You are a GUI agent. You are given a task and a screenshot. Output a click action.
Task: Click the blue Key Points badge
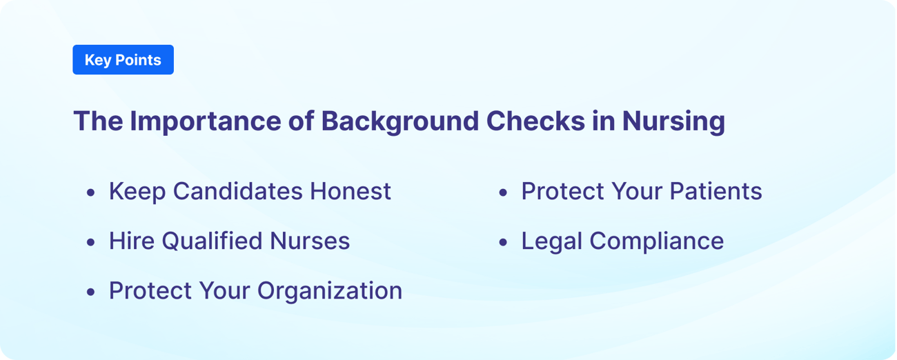pos(123,60)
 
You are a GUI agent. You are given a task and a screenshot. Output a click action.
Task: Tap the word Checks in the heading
pos(535,121)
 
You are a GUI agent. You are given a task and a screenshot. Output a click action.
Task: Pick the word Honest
pos(351,191)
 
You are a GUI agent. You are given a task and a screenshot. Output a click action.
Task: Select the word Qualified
pos(211,241)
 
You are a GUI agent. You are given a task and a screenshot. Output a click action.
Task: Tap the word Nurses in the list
pos(310,241)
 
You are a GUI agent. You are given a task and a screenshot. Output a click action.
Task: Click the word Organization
pos(330,291)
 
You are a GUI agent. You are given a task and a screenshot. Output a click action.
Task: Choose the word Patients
pos(716,191)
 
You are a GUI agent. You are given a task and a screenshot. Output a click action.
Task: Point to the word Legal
pos(551,241)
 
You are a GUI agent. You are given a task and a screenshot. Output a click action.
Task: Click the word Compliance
pos(656,241)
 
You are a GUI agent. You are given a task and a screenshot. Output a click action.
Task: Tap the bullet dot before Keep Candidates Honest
pos(91,192)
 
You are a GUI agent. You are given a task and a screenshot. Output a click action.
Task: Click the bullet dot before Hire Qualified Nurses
pos(91,242)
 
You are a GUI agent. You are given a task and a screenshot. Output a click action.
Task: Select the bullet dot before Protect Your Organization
pos(91,292)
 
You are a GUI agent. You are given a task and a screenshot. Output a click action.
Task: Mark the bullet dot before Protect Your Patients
pos(503,192)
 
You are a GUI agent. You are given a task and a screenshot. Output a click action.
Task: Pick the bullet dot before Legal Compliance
pos(503,242)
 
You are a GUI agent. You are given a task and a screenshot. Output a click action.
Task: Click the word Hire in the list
pos(132,241)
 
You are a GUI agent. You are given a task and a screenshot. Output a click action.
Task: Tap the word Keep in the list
pos(137,192)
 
